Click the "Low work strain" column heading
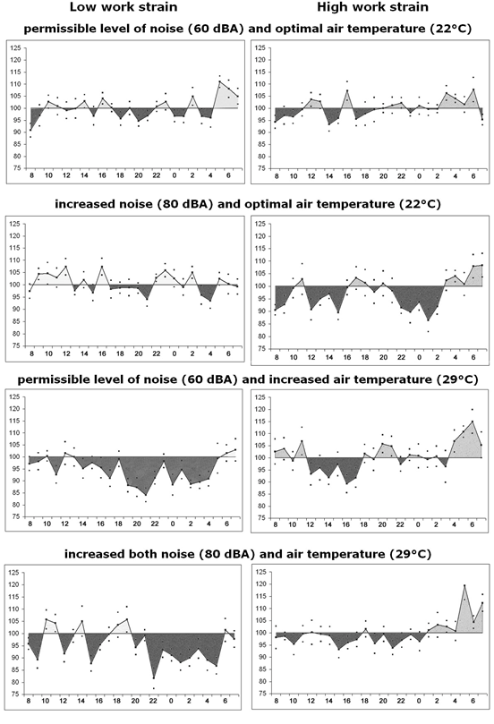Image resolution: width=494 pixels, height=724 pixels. (123, 7)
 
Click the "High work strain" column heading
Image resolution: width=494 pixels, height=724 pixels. (372, 7)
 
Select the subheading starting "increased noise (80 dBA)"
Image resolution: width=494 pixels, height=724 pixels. (248, 204)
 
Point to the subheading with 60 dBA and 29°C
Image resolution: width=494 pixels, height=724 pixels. (248, 379)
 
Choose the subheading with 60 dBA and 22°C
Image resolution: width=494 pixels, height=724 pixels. (248, 29)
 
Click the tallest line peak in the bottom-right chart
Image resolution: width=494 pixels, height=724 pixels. (464, 585)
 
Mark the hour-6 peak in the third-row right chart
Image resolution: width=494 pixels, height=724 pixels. (472, 422)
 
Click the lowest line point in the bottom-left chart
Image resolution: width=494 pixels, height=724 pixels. (153, 677)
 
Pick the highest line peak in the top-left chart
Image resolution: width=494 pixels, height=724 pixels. (220, 81)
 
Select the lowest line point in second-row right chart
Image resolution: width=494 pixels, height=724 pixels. (428, 320)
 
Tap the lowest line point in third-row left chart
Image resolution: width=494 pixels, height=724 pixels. (146, 495)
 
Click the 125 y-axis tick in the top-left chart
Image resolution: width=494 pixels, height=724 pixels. (16, 47)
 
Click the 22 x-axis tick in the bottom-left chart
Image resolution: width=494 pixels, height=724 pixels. (153, 701)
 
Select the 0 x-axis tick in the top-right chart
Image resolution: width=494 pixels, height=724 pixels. (419, 176)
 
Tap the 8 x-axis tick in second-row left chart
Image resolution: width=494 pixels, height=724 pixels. (30, 353)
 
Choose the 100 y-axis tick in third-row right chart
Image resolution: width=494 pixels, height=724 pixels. (260, 457)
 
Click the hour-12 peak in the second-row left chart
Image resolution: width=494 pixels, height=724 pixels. (66, 266)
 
